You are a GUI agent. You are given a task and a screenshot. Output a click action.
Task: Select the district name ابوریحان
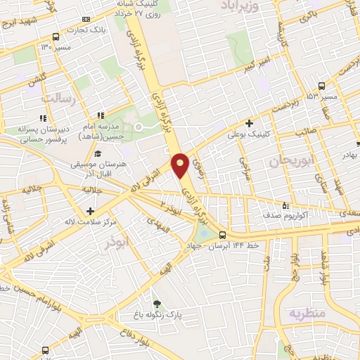click(x=289, y=161)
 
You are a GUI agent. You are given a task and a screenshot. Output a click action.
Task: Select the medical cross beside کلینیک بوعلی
click(x=250, y=123)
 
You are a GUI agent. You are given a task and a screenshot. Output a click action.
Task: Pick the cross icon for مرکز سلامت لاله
click(x=89, y=210)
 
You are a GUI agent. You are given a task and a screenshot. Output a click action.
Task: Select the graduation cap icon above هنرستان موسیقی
click(x=98, y=153)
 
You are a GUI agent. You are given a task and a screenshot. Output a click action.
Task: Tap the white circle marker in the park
click(x=139, y=127)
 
